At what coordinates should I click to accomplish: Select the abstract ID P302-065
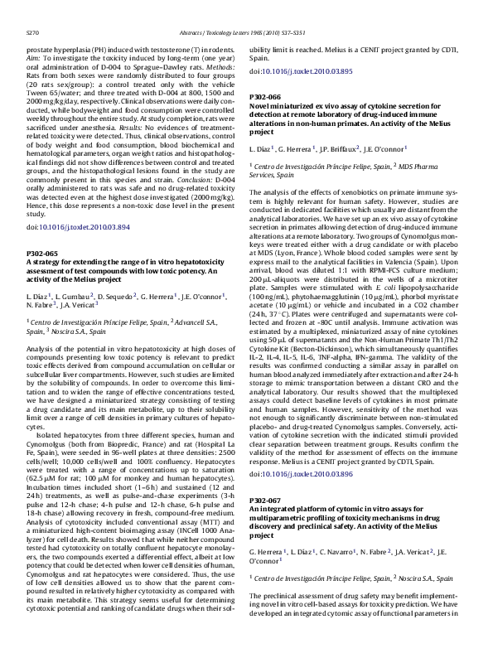click(x=43, y=252)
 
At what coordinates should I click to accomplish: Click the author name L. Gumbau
click(x=72, y=296)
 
